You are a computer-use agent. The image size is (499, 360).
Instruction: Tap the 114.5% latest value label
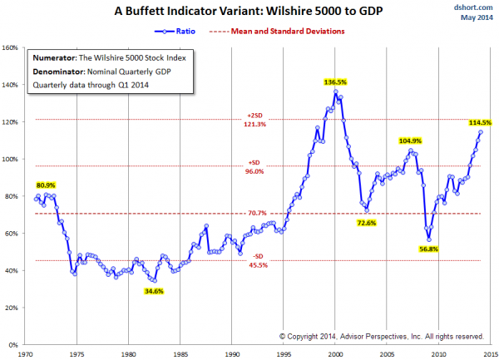(x=479, y=123)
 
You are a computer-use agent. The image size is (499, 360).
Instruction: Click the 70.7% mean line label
(x=254, y=214)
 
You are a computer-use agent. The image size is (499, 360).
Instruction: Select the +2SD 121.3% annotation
(x=255, y=119)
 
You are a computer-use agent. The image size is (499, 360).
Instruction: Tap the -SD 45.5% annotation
(x=255, y=261)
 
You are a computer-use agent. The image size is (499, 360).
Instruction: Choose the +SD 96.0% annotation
(x=255, y=166)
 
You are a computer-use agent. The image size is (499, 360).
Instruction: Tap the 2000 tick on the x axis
(x=334, y=353)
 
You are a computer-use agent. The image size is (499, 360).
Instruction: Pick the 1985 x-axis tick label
(x=180, y=353)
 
